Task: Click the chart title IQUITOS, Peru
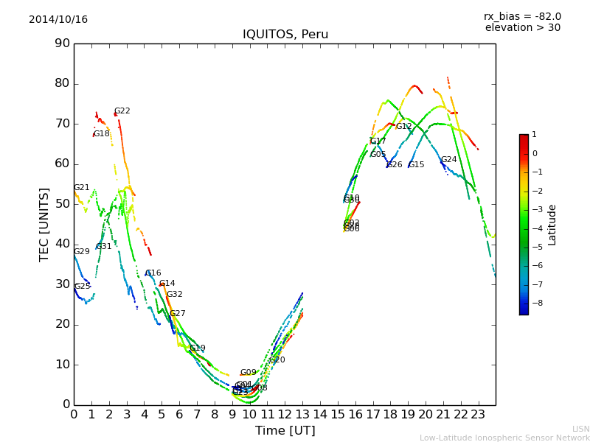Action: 285,35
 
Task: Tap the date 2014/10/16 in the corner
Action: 58,19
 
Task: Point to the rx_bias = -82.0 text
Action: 522,16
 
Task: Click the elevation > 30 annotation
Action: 522,28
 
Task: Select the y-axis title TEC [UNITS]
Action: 44,224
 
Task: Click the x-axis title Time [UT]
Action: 285,430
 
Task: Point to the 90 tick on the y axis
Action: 62,43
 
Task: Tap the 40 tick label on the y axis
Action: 62,244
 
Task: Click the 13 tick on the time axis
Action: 302,414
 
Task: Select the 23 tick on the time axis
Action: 478,414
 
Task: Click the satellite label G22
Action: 122,111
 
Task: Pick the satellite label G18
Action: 101,134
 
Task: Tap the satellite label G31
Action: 104,247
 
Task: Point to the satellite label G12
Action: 403,127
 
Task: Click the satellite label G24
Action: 448,160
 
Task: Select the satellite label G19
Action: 197,348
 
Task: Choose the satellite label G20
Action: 277,360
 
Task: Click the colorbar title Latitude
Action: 552,225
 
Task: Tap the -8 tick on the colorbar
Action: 535,302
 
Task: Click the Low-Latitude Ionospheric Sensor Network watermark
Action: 504,438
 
